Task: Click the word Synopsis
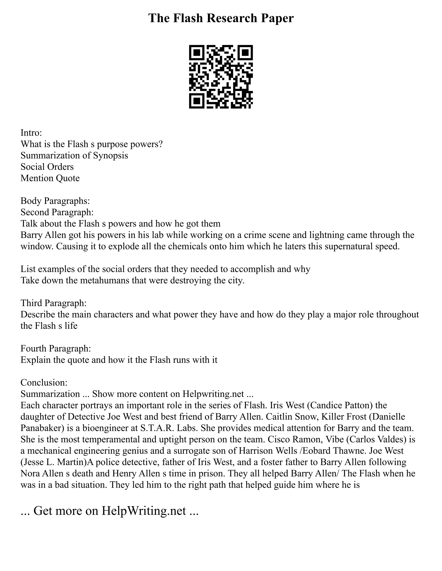[110, 155]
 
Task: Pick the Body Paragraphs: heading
[55, 201]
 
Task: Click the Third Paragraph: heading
[54, 303]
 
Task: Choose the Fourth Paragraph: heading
[55, 348]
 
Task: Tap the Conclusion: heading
[44, 382]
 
